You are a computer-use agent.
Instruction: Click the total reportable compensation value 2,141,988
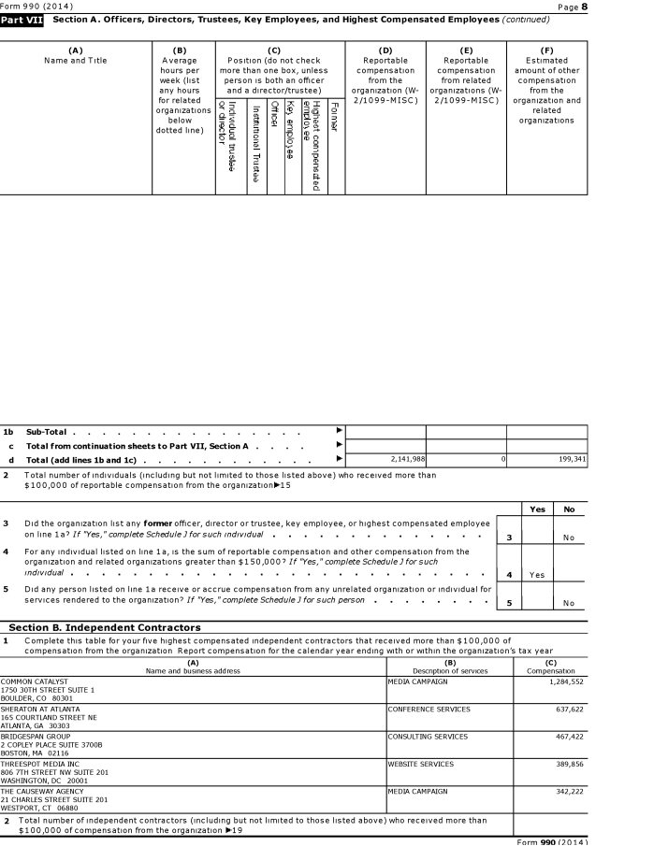[405, 460]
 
